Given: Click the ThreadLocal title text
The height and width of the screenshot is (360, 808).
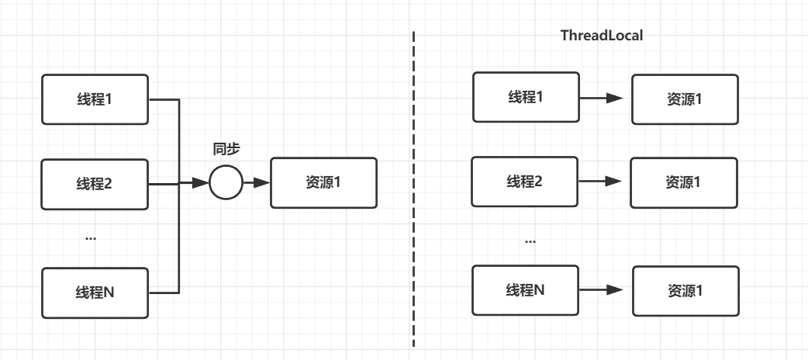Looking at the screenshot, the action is [x=602, y=35].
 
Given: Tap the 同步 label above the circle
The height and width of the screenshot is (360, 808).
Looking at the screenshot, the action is [x=226, y=150].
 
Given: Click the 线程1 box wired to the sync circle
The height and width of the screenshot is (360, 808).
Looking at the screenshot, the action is [x=95, y=99].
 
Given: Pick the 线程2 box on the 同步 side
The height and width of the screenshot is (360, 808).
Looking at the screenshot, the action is [x=95, y=184].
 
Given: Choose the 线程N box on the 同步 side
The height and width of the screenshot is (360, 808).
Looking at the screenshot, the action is [x=95, y=293].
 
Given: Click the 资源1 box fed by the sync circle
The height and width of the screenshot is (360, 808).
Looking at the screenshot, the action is [x=323, y=182].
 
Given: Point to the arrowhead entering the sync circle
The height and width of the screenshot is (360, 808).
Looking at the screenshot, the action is [x=201, y=182].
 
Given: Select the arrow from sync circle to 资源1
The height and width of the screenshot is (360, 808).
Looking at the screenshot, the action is [x=257, y=182].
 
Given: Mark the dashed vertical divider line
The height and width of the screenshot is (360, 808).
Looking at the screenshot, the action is [x=413, y=189].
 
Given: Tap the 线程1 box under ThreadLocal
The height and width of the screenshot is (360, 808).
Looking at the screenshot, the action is [x=526, y=97].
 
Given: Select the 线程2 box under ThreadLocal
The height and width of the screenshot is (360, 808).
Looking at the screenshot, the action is [x=525, y=182].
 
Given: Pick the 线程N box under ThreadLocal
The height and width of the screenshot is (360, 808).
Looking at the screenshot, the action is [x=525, y=290].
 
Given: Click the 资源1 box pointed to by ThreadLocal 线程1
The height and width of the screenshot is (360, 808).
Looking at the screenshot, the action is [x=685, y=99].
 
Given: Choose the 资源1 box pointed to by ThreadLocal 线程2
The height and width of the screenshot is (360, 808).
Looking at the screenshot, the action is [x=684, y=182].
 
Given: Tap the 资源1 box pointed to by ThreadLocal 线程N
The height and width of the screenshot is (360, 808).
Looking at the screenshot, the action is [x=686, y=292].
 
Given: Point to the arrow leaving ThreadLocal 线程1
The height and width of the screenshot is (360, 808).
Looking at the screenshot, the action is [x=602, y=98].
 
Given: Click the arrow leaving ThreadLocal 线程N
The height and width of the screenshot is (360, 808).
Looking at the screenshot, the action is [x=602, y=290].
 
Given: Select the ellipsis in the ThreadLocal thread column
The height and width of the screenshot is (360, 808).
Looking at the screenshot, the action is [x=530, y=241].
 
